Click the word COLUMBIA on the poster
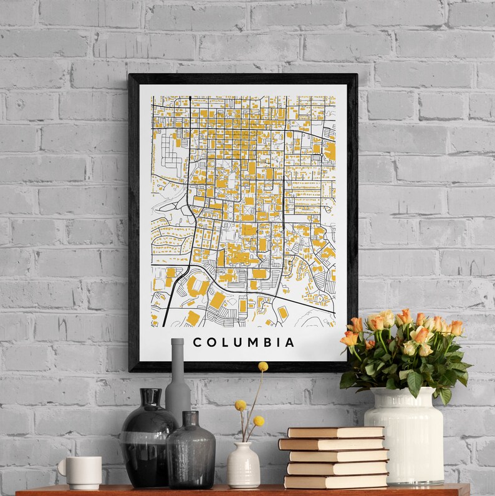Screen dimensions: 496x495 (244, 343)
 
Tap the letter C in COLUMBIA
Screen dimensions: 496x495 (197, 343)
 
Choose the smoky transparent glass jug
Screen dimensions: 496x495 (190, 452)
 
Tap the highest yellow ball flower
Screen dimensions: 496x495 (262, 366)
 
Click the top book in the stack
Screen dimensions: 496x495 (336, 432)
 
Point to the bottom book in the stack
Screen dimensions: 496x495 (336, 482)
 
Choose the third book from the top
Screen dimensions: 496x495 (339, 456)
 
